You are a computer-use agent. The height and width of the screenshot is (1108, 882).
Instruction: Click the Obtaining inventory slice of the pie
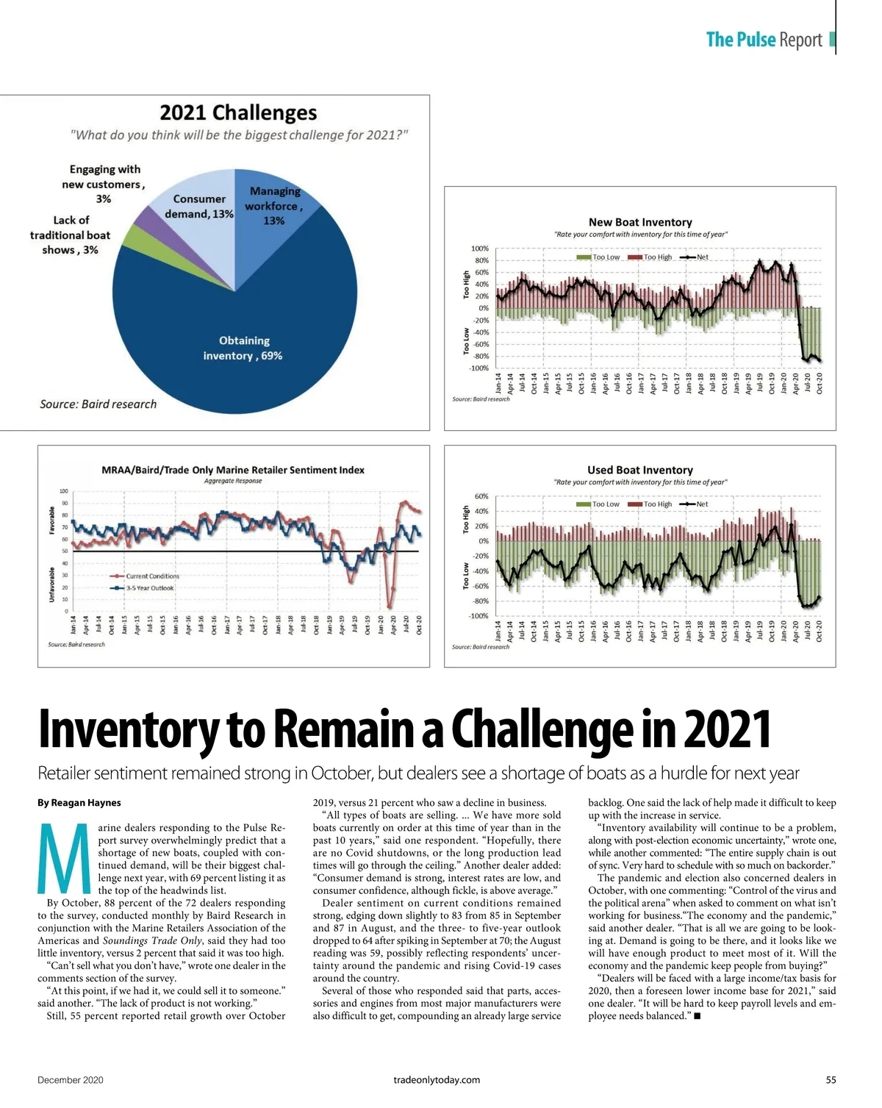(243, 346)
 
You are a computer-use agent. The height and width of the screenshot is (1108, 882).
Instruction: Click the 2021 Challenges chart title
(238, 112)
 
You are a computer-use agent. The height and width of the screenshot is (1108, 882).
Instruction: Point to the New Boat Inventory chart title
(640, 222)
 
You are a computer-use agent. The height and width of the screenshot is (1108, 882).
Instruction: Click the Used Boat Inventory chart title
(640, 470)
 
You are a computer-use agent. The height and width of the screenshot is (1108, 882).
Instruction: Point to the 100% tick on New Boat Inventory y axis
(479, 249)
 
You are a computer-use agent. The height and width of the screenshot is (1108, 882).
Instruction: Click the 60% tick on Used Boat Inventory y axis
(481, 496)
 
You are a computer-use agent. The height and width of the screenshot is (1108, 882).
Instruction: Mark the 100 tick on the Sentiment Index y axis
(63, 490)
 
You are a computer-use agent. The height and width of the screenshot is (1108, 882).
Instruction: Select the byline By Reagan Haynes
(79, 803)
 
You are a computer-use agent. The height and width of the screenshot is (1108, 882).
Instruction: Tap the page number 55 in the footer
(831, 1080)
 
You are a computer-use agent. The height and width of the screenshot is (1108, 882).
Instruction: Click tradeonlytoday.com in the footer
(437, 1080)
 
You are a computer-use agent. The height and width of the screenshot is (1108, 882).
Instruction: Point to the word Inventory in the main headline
(128, 730)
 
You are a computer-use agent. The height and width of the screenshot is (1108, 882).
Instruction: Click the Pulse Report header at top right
(764, 40)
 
